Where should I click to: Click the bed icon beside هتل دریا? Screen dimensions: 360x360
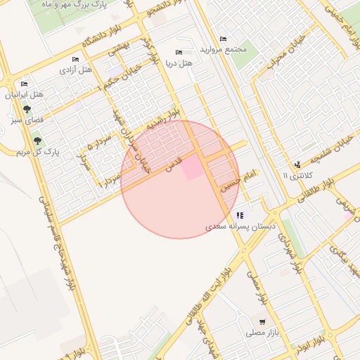point(179,52)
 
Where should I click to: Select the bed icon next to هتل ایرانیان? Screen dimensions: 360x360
point(25,84)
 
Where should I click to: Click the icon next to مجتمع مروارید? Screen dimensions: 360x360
point(223,39)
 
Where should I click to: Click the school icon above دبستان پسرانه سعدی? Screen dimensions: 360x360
point(240,215)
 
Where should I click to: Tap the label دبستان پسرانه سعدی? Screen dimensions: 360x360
point(237,227)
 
